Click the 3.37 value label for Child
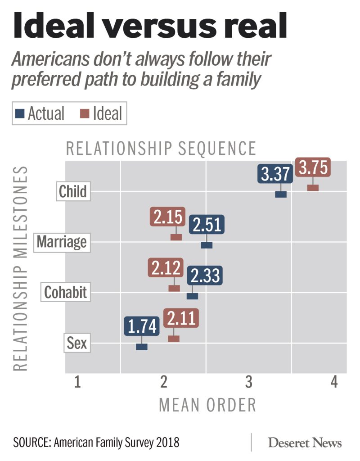click(275, 174)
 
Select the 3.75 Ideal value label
click(313, 168)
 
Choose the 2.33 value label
click(205, 276)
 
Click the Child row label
click(72, 191)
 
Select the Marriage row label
click(62, 242)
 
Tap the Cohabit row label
click(66, 293)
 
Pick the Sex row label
click(77, 344)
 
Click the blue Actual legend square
click(20, 113)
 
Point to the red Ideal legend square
click(85, 113)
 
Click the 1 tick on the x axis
click(77, 383)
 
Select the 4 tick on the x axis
click(334, 383)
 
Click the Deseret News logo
click(305, 443)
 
